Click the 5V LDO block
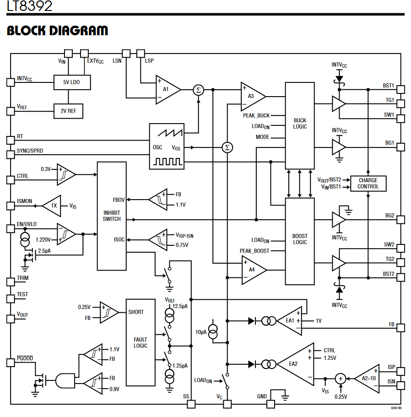72,82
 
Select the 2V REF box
69,111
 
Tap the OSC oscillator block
167,146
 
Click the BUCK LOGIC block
300,126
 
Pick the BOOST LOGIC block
300,241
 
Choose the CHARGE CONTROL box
368,184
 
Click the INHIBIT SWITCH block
112,216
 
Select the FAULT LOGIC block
141,343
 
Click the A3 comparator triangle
251,96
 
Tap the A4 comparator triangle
252,270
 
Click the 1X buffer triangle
53,206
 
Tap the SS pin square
191,404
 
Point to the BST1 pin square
401,88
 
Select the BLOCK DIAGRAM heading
58,31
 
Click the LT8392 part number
29,6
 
